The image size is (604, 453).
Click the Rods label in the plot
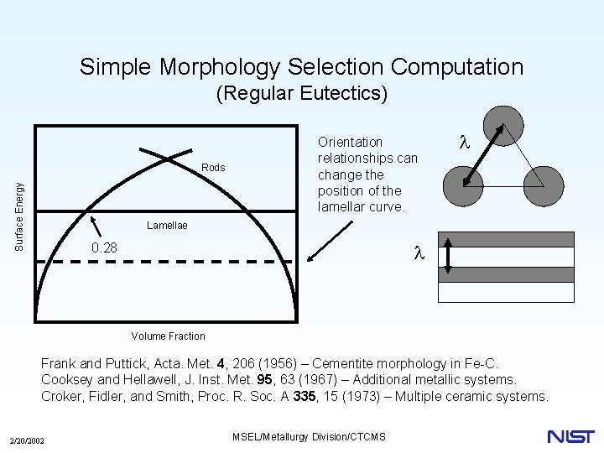[213, 168]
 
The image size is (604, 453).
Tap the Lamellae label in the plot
[167, 225]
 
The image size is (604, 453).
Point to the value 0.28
[104, 247]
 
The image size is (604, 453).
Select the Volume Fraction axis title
[168, 336]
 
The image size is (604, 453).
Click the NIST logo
[570, 436]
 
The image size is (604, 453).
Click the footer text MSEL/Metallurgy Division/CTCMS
[307, 437]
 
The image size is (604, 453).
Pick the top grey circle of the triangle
[503, 126]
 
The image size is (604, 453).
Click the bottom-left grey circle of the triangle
[462, 183]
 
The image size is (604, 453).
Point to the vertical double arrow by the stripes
[447, 256]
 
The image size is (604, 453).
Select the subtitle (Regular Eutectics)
[301, 93]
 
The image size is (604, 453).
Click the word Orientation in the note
[350, 142]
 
